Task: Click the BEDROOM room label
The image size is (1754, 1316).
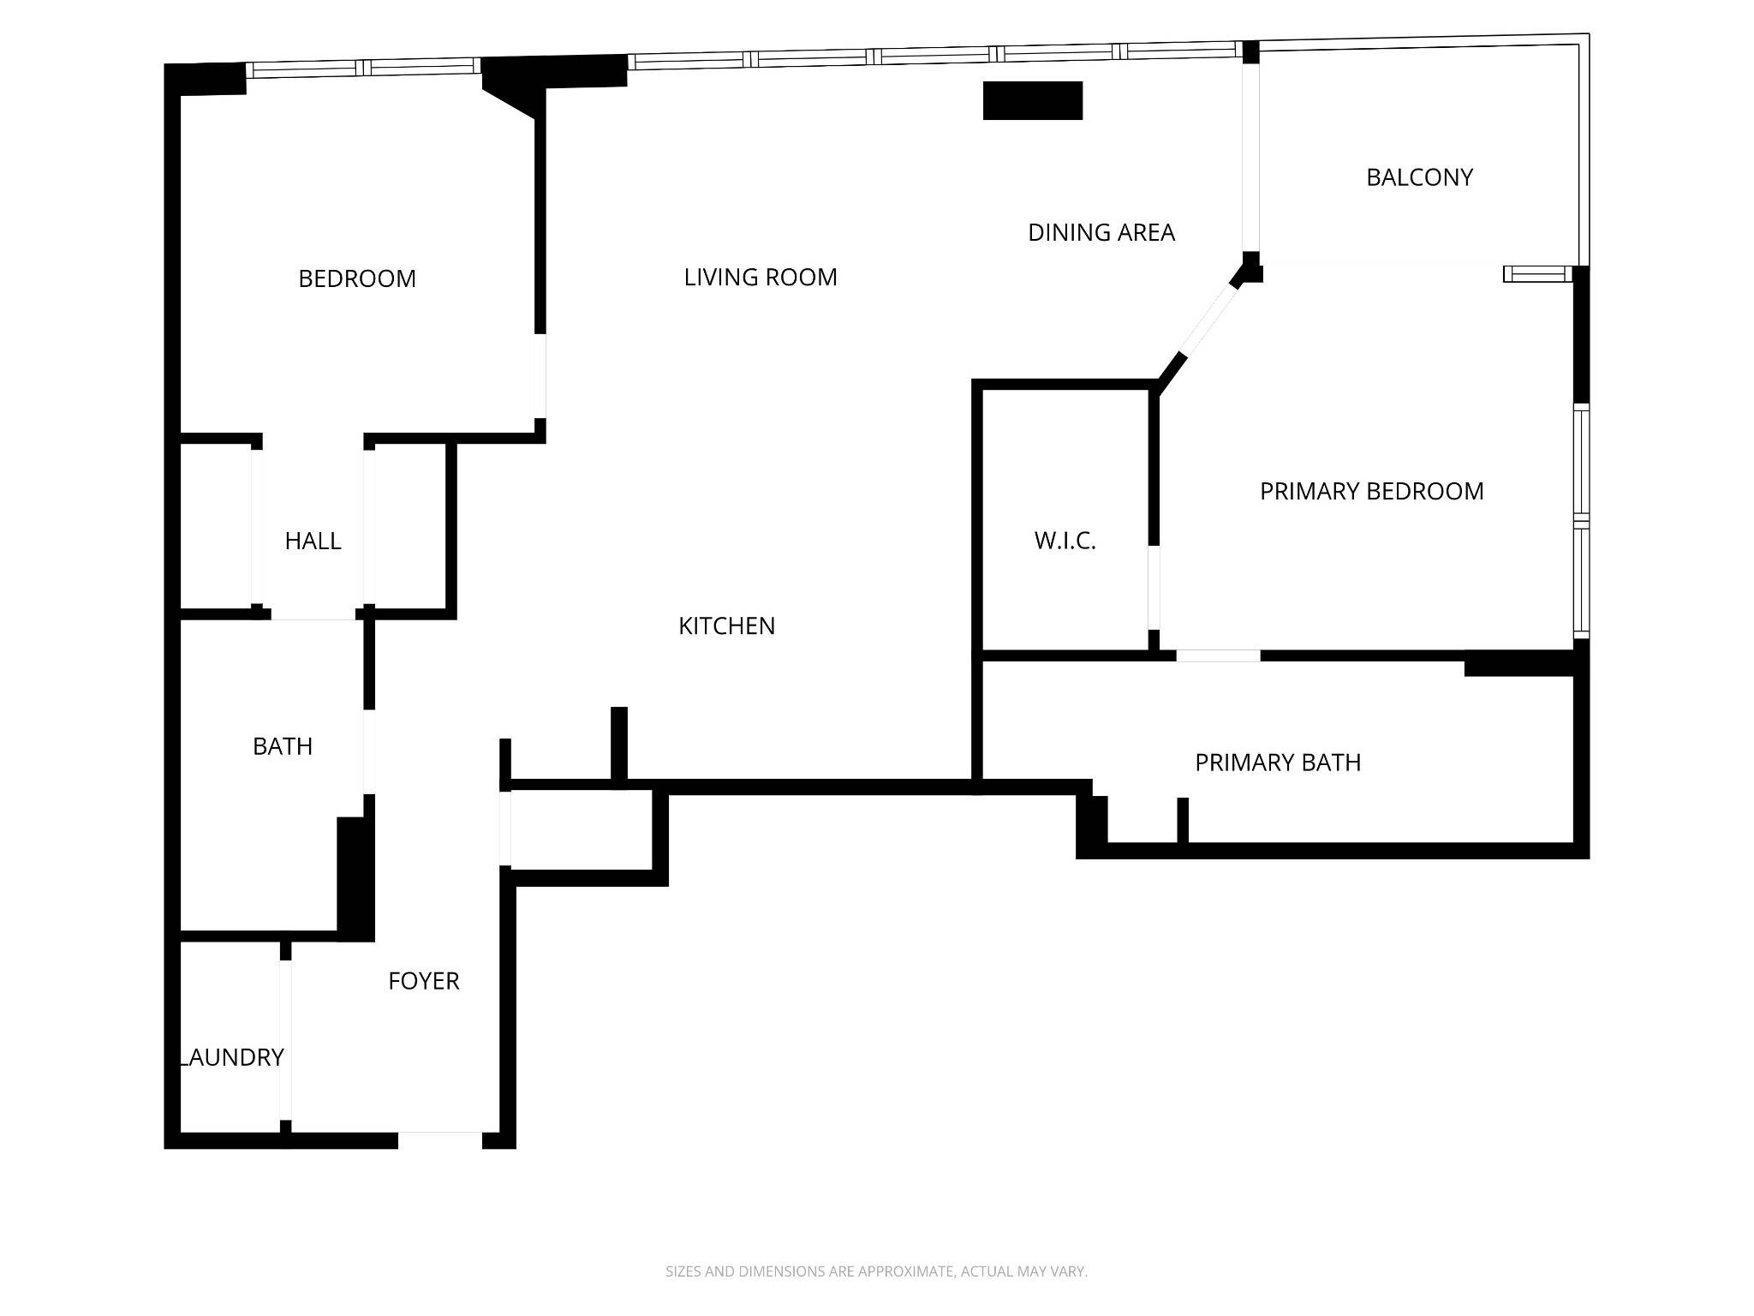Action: (357, 278)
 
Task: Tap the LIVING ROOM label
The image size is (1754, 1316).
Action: (761, 277)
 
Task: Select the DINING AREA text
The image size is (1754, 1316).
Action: (1101, 232)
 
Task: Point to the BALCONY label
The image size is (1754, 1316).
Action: (1419, 177)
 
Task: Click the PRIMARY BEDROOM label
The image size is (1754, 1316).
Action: (1372, 491)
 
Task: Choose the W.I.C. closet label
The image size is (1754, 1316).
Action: (1065, 541)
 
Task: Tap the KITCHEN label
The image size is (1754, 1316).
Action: (727, 626)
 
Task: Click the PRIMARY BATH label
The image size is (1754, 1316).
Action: (1278, 763)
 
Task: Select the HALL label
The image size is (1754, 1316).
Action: (313, 541)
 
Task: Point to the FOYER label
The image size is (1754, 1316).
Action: (424, 981)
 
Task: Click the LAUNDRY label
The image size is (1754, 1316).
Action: (231, 1057)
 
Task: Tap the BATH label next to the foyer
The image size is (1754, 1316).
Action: (283, 746)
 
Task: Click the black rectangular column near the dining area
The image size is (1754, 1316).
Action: (1033, 100)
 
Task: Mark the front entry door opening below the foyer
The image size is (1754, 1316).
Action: (440, 1140)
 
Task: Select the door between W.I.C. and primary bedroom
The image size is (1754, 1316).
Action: (1154, 588)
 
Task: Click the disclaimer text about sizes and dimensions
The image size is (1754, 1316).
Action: (876, 1271)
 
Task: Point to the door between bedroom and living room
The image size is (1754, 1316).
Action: (540, 375)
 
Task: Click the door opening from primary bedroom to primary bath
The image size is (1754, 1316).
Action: (1218, 655)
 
